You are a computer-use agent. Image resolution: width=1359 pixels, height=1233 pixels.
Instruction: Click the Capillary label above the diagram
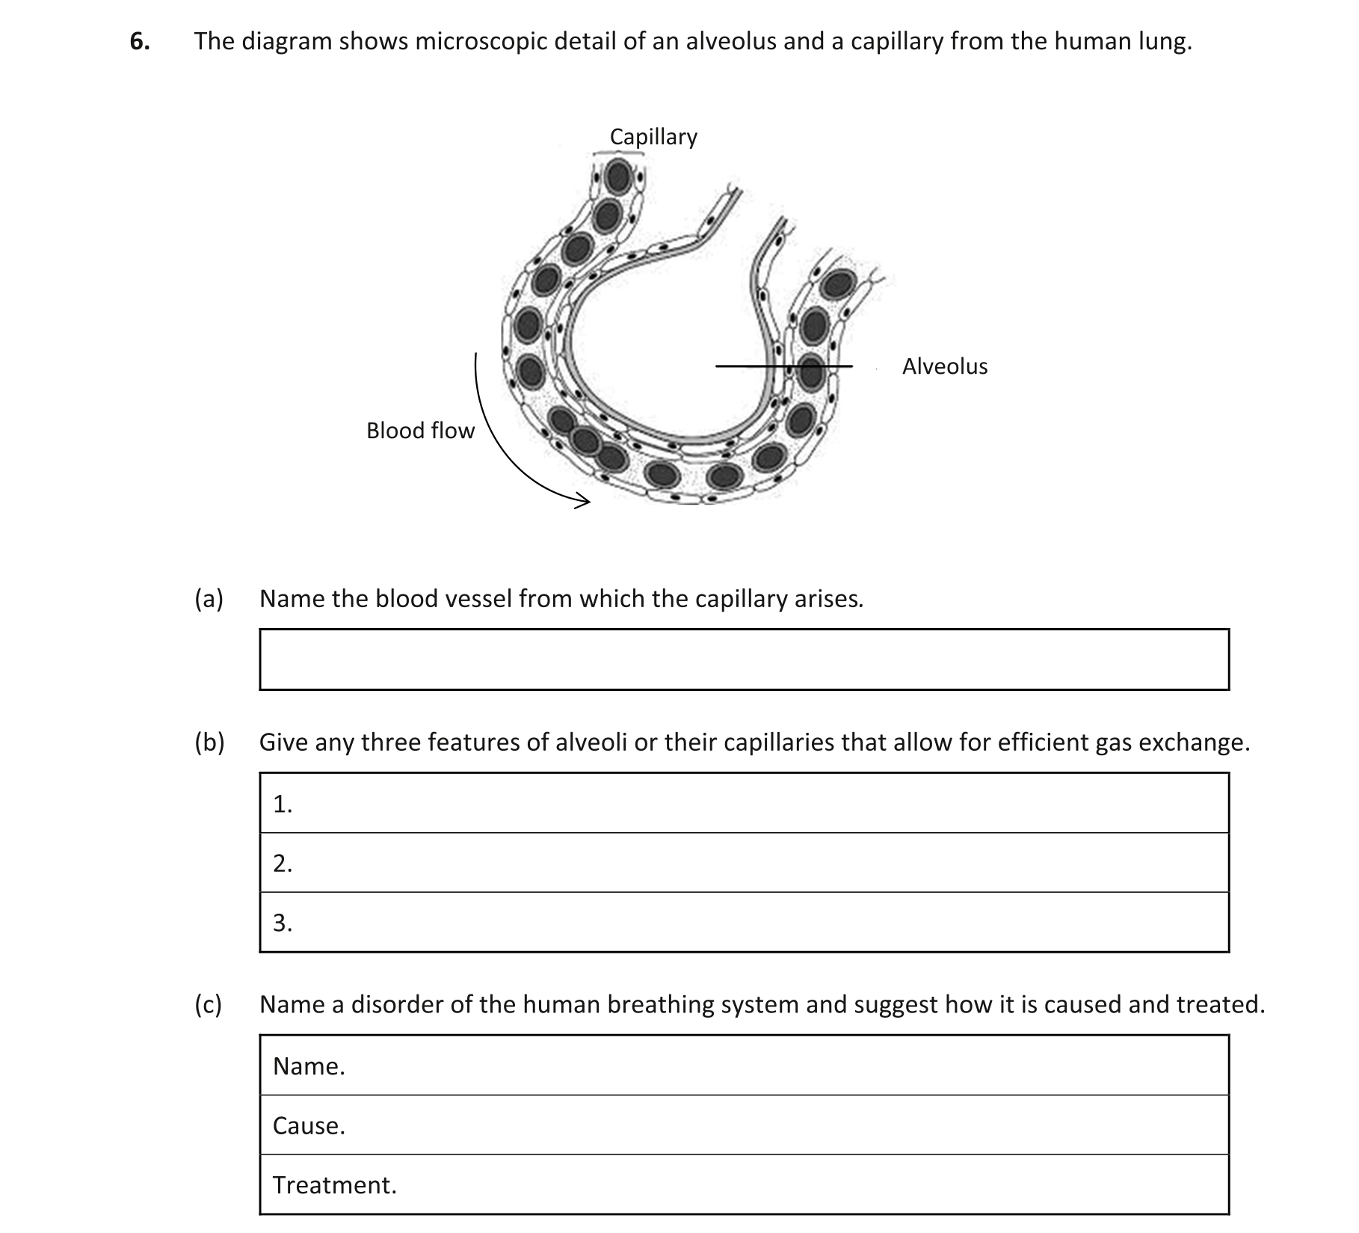pyautogui.click(x=653, y=137)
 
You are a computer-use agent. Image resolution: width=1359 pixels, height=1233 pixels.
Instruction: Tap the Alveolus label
pyautogui.click(x=944, y=366)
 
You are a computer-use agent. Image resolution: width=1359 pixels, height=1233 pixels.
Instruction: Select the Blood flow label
pyautogui.click(x=420, y=431)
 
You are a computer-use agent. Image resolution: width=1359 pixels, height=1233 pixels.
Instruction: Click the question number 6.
pyautogui.click(x=139, y=42)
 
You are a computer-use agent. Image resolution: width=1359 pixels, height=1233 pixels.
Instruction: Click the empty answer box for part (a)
pyautogui.click(x=744, y=659)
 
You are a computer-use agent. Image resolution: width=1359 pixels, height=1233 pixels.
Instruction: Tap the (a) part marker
pyautogui.click(x=209, y=599)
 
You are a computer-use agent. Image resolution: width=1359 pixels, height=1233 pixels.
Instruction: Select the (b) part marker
pyautogui.click(x=209, y=742)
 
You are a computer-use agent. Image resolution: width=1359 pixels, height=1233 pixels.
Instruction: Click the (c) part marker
pyautogui.click(x=209, y=1004)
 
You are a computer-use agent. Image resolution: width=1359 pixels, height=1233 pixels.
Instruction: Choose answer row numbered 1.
pyautogui.click(x=744, y=804)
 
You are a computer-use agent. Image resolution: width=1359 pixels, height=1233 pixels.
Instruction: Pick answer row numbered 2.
pyautogui.click(x=744, y=864)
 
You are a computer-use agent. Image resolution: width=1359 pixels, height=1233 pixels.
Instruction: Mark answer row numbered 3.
pyautogui.click(x=744, y=923)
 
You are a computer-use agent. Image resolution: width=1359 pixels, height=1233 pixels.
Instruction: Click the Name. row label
pyautogui.click(x=309, y=1066)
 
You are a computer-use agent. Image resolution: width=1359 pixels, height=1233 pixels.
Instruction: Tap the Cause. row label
pyautogui.click(x=309, y=1126)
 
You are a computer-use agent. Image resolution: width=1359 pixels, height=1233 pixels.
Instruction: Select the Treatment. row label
pyautogui.click(x=334, y=1185)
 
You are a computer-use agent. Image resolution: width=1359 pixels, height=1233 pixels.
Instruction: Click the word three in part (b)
pyautogui.click(x=391, y=742)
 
